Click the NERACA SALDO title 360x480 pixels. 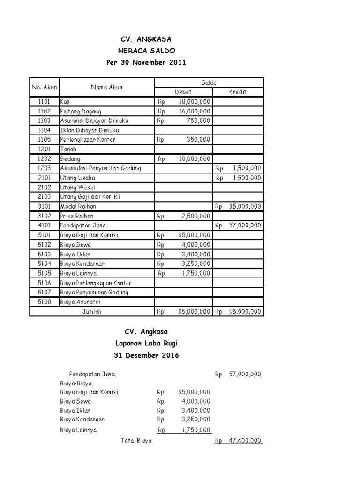[146, 51]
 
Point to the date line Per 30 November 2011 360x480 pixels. [146, 62]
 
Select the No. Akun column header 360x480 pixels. [45, 87]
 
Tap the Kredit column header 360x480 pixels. [238, 92]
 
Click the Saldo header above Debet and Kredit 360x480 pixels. [209, 82]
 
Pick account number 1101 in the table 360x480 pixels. [45, 102]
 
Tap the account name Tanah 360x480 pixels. [68, 149]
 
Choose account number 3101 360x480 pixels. [45, 206]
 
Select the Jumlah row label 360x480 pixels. [92, 311]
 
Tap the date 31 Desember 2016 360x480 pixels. [146, 355]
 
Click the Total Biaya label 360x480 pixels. [136, 441]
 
